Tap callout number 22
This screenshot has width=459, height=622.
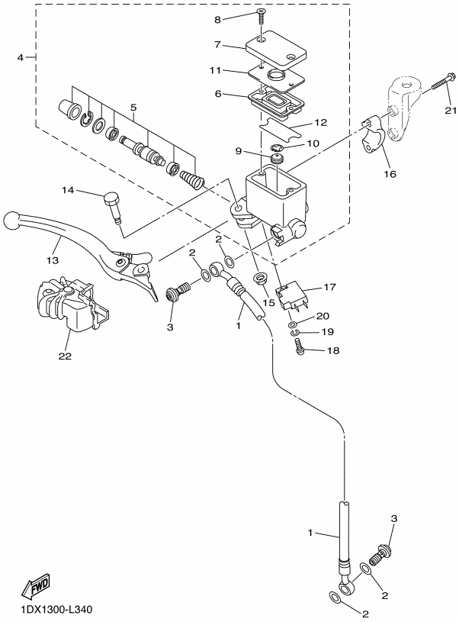click(x=65, y=356)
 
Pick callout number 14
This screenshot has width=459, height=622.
click(x=68, y=190)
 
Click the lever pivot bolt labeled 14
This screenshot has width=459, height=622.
click(x=112, y=206)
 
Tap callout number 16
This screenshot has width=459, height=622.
click(x=390, y=174)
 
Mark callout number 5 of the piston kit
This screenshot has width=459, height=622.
click(x=133, y=107)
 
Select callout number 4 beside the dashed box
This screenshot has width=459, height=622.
click(x=21, y=58)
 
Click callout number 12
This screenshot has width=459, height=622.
click(x=321, y=122)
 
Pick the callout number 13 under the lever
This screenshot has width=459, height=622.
click(x=53, y=260)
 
